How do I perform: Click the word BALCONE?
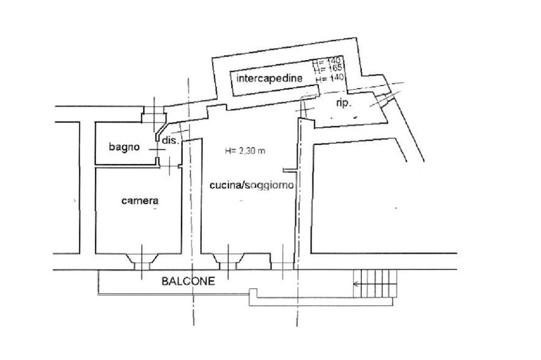(x=188, y=281)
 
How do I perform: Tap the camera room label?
(x=140, y=201)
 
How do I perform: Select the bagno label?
(x=125, y=147)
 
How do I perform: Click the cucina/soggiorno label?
(x=251, y=185)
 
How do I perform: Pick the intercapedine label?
(x=269, y=79)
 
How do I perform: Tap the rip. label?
(x=343, y=103)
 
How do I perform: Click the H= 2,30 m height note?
(x=245, y=151)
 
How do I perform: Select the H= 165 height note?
(x=328, y=68)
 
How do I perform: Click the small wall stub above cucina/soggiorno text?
(x=288, y=170)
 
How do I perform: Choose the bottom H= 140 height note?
(x=330, y=77)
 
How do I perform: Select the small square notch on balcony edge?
(x=253, y=292)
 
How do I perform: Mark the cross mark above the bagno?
(x=155, y=110)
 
